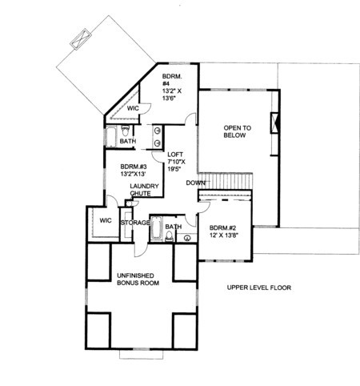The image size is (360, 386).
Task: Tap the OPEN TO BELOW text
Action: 237,131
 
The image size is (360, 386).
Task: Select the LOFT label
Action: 175,155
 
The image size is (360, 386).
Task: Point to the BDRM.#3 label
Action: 134,167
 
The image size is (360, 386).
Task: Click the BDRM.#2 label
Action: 223,228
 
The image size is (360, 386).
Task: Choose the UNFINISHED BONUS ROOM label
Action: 138,279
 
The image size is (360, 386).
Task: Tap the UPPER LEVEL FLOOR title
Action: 259,287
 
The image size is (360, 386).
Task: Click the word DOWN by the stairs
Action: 196,183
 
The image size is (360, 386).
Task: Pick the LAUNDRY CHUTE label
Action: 144,190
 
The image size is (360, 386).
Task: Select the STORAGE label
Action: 135,223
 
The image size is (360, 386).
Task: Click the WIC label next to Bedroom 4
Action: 133,108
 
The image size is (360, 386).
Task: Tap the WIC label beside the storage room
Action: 106,220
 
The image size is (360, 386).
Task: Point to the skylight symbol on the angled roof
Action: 81,38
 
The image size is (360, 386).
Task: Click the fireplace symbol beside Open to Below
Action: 275,123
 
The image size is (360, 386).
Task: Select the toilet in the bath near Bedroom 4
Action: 125,131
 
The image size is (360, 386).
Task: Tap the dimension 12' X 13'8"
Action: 224,235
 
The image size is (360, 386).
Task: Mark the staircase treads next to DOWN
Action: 226,181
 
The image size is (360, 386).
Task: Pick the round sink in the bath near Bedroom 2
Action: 187,237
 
